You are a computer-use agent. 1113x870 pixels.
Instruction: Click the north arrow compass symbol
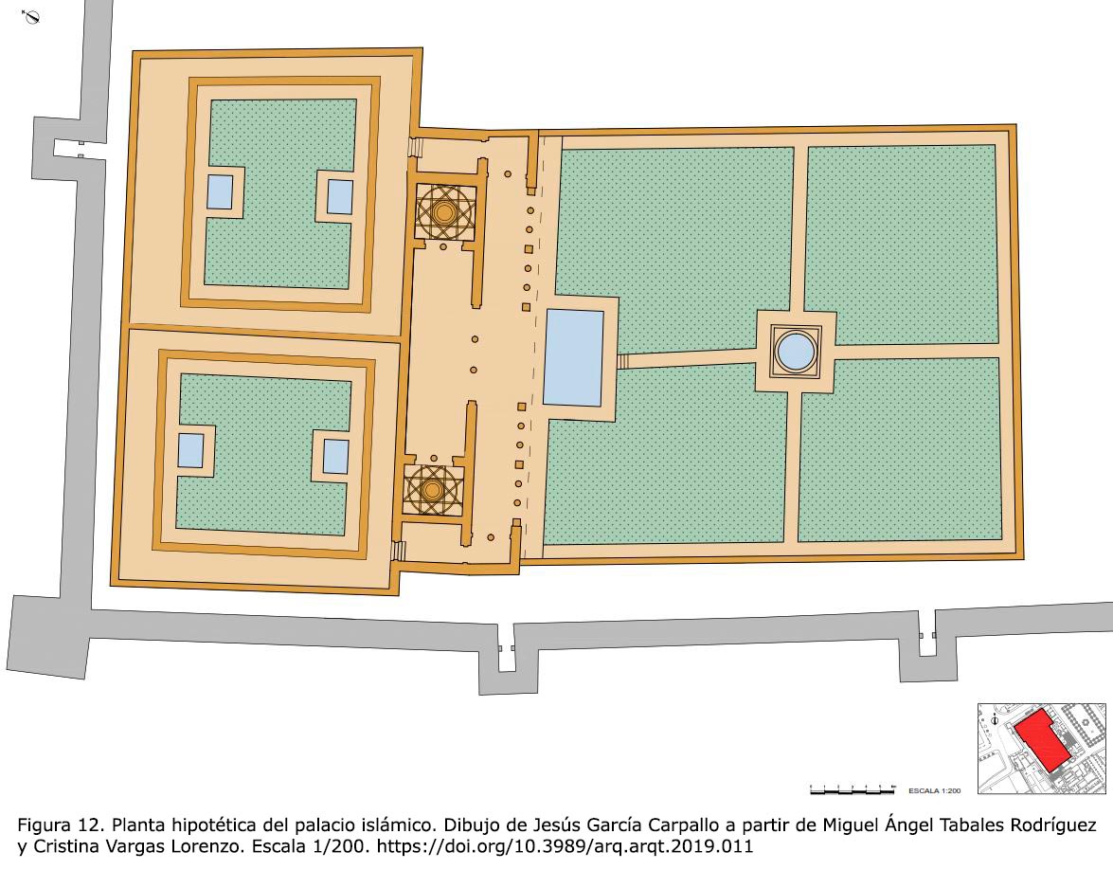(x=30, y=16)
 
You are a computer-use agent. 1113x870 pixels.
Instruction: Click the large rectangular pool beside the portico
(x=573, y=357)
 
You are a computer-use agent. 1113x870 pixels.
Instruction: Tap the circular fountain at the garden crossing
(x=795, y=351)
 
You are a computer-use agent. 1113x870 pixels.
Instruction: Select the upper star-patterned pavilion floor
(x=444, y=211)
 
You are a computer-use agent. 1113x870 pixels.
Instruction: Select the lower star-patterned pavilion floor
(x=432, y=490)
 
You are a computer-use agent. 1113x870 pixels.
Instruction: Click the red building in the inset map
(x=1042, y=738)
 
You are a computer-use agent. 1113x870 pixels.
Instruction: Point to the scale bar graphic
(x=853, y=789)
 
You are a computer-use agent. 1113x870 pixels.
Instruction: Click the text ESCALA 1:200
(x=935, y=790)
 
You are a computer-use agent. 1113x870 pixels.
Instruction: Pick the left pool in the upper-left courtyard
(x=220, y=191)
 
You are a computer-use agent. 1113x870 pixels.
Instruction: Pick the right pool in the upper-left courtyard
(x=339, y=197)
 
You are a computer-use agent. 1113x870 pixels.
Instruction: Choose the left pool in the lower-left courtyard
(x=190, y=450)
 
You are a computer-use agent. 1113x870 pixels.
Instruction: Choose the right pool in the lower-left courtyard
(x=335, y=457)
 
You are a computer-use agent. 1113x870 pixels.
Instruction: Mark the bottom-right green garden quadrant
(x=900, y=449)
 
